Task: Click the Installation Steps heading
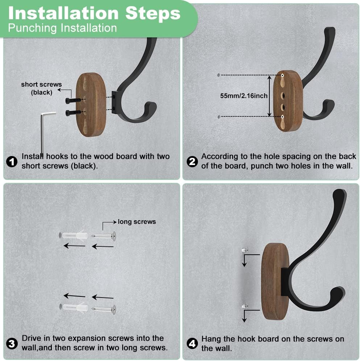pyautogui.click(x=94, y=13)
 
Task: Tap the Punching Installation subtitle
pyautogui.click(x=62, y=28)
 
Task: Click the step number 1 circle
pyautogui.click(x=12, y=161)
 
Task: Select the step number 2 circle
pyautogui.click(x=193, y=161)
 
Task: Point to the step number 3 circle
pyautogui.click(x=12, y=343)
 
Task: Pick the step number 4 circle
pyautogui.click(x=193, y=343)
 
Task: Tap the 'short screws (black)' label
pyautogui.click(x=41, y=88)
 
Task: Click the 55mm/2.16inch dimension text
pyautogui.click(x=244, y=96)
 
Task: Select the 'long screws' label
pyautogui.click(x=137, y=221)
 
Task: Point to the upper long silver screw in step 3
pyautogui.click(x=104, y=236)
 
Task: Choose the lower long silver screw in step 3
pyautogui.click(x=104, y=309)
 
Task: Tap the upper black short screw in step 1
pyautogui.click(x=73, y=100)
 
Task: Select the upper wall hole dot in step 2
pyautogui.click(x=218, y=75)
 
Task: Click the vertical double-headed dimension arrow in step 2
pyautogui.click(x=269, y=96)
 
